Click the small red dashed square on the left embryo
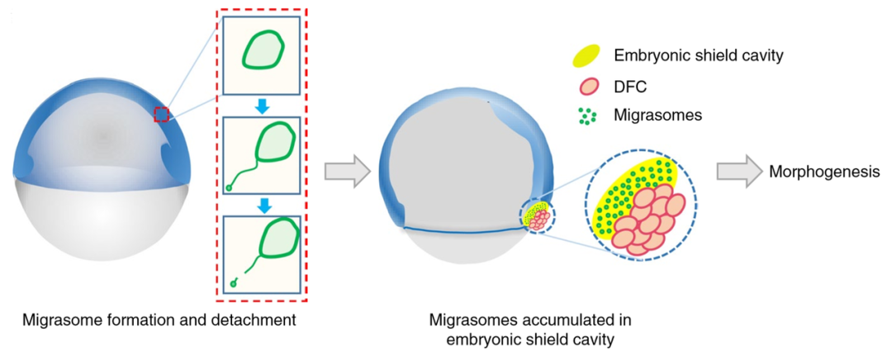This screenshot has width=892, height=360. click(x=161, y=115)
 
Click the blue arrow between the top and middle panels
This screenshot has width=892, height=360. click(x=262, y=106)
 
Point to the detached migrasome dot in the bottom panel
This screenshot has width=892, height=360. click(x=235, y=285)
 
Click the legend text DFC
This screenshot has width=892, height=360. click(x=632, y=86)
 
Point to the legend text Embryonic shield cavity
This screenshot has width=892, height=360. click(x=698, y=56)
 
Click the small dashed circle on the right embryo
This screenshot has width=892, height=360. click(x=536, y=216)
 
